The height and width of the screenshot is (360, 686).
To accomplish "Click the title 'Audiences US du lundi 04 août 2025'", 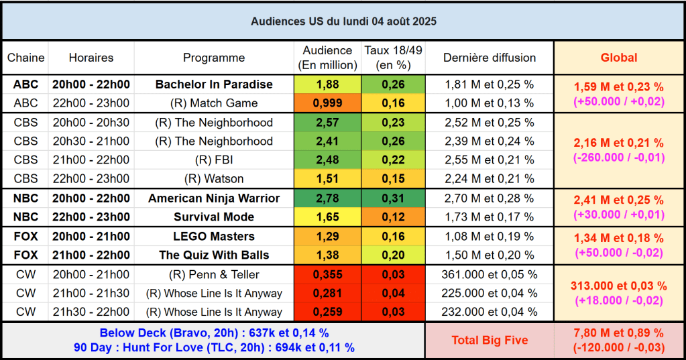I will coord(343,21).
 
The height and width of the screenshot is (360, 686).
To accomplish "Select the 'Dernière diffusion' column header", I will coord(490,58).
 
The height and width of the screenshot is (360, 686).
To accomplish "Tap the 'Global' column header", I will coord(619,58).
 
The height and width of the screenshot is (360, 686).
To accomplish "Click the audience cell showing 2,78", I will coord(327,198).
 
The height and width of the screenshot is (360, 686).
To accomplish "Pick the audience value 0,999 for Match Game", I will coord(327,103).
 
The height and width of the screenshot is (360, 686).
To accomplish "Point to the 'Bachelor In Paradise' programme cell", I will coord(214,84).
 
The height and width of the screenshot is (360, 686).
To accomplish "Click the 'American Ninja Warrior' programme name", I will coord(214,198).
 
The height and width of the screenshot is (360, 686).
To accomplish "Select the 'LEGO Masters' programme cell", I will coord(214,237).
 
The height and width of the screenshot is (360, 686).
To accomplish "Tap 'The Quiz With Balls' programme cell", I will coord(214,255).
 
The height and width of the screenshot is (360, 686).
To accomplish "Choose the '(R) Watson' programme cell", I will coord(214,179).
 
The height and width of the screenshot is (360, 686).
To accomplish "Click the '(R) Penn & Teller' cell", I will coord(214,275).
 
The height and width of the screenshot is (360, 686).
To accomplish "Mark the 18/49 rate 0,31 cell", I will coord(393,198).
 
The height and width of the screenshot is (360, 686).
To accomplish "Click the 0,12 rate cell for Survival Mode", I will coord(393,217).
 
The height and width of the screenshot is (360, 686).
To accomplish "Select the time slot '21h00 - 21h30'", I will coord(91,294).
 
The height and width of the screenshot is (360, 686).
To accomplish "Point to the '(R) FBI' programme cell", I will coord(214,160).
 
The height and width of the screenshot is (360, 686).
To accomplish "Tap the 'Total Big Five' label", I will coord(490,341).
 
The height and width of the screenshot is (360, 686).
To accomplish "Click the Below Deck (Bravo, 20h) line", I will coord(214,333).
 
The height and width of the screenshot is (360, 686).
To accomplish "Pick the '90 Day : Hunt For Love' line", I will coord(214,348).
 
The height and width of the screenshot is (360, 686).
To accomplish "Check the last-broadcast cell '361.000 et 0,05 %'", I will coord(490,275).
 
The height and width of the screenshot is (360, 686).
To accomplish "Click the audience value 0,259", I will coord(327,312).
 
